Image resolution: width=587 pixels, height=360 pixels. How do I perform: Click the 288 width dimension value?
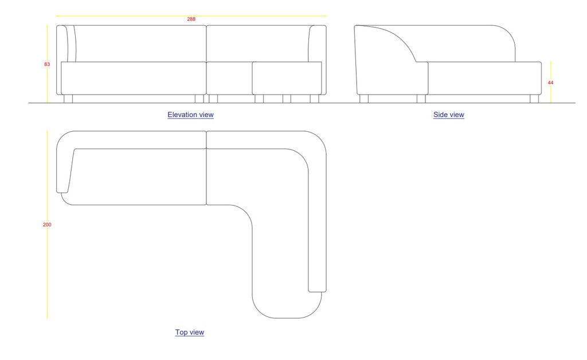[191, 19]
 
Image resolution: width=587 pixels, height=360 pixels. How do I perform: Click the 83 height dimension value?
[47, 64]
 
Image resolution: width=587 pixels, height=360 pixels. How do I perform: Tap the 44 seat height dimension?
[550, 83]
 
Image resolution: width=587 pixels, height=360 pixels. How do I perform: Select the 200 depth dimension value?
[47, 225]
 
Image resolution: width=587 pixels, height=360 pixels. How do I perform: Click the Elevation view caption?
[190, 115]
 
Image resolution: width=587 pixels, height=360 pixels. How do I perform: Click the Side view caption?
[448, 115]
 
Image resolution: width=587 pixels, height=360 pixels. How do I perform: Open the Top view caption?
[189, 332]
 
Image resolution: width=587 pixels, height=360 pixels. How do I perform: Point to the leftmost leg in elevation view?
[68, 99]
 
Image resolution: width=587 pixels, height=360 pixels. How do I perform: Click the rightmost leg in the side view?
[534, 99]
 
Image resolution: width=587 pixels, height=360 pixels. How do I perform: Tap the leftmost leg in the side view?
[364, 99]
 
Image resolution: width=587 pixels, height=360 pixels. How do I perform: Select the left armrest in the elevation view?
[66, 44]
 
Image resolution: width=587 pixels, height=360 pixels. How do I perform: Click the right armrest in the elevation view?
[317, 44]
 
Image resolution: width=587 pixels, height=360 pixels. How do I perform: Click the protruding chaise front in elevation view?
[287, 78]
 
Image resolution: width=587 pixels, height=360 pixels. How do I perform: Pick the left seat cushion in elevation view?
[133, 78]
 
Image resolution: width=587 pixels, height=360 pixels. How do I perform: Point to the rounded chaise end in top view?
[287, 304]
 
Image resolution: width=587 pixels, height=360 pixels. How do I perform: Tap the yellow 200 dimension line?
[47, 275]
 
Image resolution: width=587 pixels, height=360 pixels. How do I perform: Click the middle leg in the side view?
[421, 99]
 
